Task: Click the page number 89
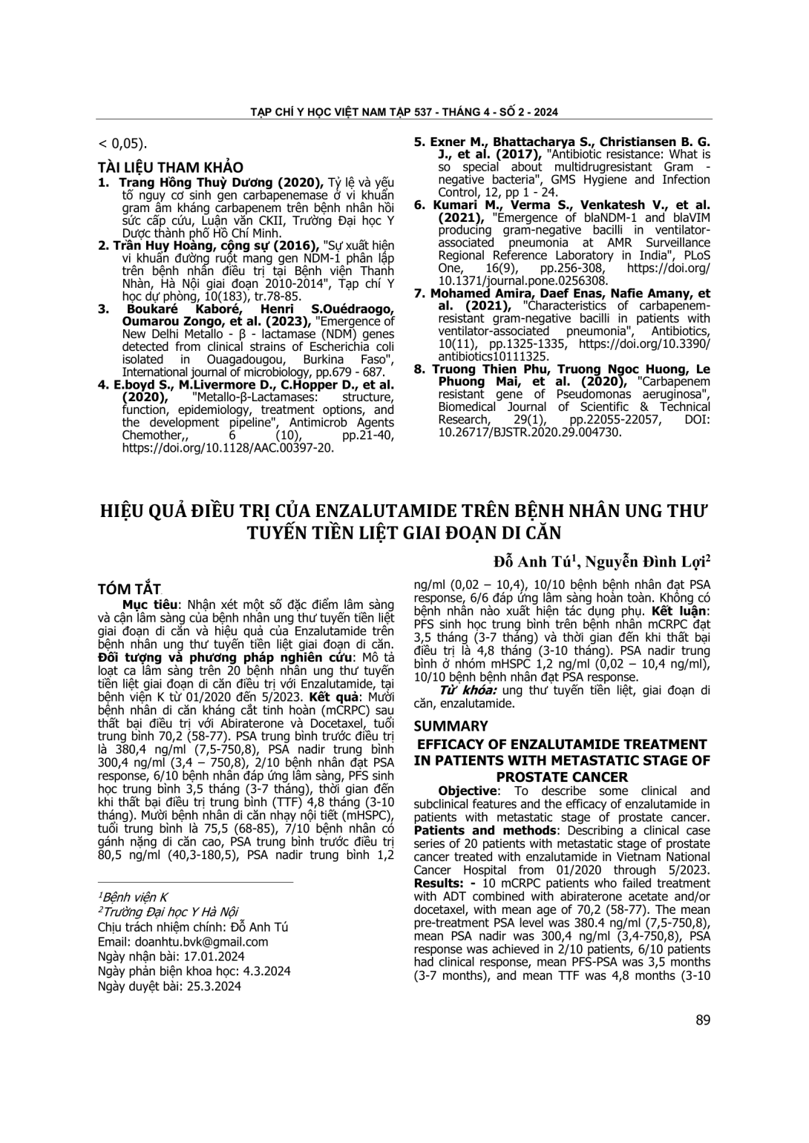coord(703,1020)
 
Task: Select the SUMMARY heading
coord(451,726)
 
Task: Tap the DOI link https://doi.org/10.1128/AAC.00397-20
coord(229,447)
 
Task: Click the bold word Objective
coord(468,791)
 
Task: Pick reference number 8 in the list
coord(419,369)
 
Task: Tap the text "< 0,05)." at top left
coord(122,143)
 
